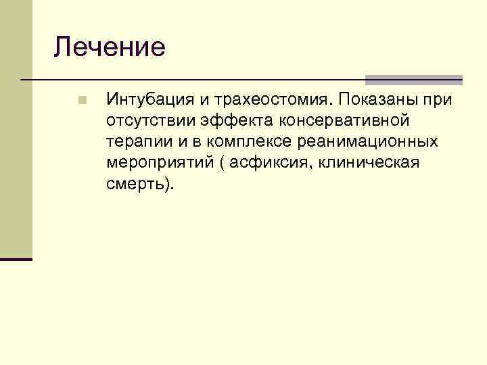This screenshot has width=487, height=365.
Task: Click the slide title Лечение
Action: [x=110, y=47]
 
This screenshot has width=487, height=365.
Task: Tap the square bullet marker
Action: [x=82, y=101]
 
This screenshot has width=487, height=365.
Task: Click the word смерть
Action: [x=135, y=185]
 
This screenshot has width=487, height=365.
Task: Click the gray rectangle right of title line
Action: [x=414, y=79]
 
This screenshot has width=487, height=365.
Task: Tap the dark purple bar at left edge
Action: [x=16, y=259]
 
